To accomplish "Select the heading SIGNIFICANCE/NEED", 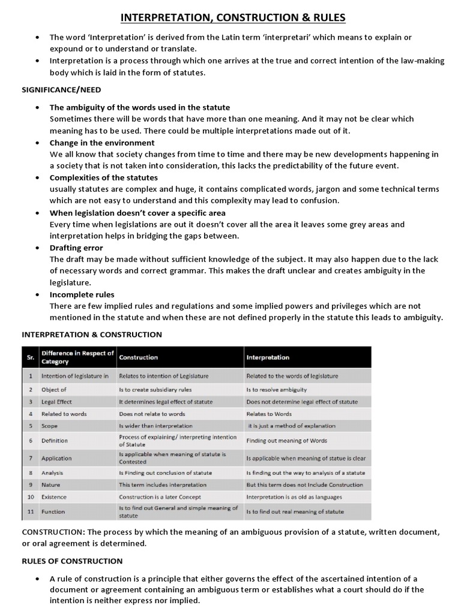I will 62,90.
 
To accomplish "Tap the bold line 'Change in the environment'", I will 102,143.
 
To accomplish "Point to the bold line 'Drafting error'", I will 76,248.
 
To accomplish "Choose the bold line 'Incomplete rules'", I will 81,294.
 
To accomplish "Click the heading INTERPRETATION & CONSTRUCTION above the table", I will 92,334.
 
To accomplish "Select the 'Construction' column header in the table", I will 139,357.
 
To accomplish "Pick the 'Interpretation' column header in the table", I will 268,357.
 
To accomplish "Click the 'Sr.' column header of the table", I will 29,357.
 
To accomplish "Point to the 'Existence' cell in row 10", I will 54,497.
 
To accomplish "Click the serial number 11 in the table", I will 29,512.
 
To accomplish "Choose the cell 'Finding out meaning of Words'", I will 287,441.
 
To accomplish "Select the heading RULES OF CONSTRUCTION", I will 72,561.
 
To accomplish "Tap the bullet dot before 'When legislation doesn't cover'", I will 37,213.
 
